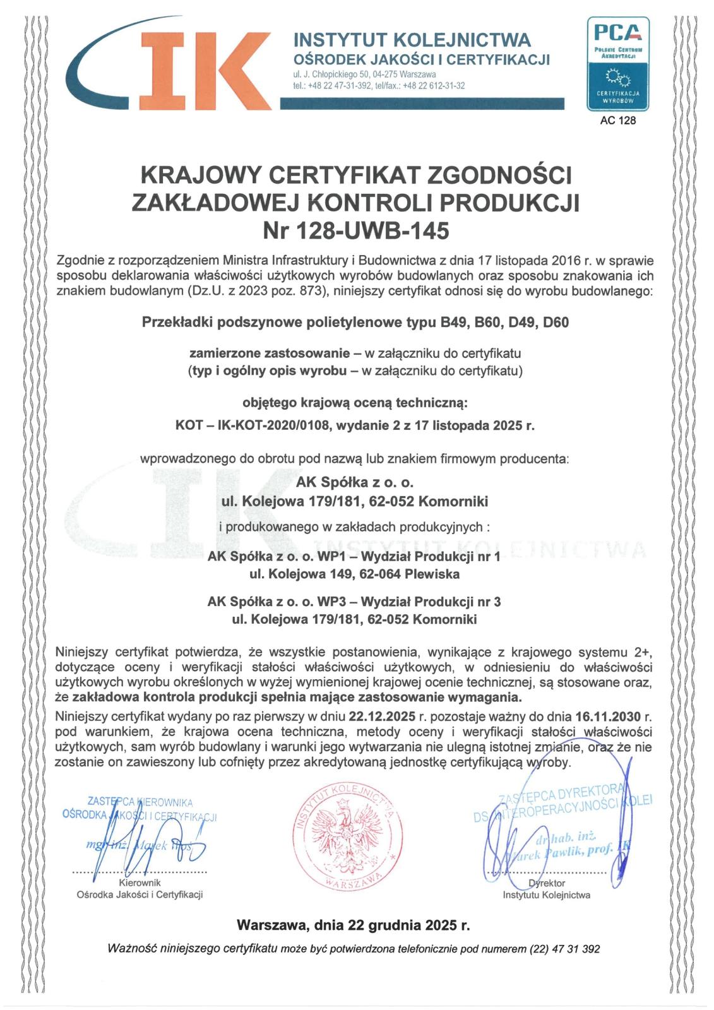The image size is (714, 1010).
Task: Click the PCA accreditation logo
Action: click(x=617, y=63)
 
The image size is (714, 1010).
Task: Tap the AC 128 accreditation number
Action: click(x=617, y=121)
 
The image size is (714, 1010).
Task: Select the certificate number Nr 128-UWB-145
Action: click(x=356, y=231)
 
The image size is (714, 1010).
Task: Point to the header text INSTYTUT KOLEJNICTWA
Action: click(x=412, y=40)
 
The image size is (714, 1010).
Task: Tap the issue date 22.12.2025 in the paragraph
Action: click(x=381, y=717)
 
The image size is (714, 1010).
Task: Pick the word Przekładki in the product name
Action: click(x=177, y=323)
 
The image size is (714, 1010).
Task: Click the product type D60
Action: click(x=556, y=323)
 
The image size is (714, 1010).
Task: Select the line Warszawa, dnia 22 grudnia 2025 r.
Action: click(x=353, y=925)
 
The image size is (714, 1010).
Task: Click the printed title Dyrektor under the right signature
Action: click(x=547, y=883)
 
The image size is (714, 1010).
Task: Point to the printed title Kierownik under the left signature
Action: click(x=140, y=883)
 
